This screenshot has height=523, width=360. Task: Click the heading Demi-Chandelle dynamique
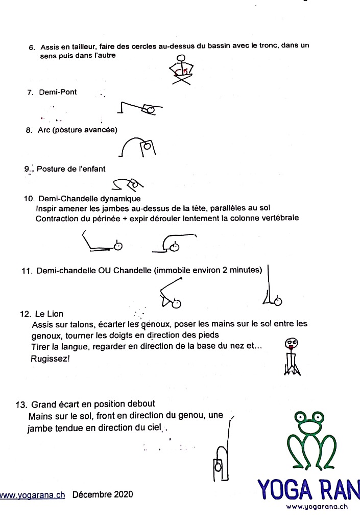pos(88,199)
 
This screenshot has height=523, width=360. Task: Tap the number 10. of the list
pos(29,199)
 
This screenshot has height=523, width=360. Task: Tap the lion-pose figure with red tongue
pos(292,357)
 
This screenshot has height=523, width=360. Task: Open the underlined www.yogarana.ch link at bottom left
pos(32,495)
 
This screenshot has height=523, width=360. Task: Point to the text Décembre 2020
pos(103,494)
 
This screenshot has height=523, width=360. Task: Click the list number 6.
pos(31,47)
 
